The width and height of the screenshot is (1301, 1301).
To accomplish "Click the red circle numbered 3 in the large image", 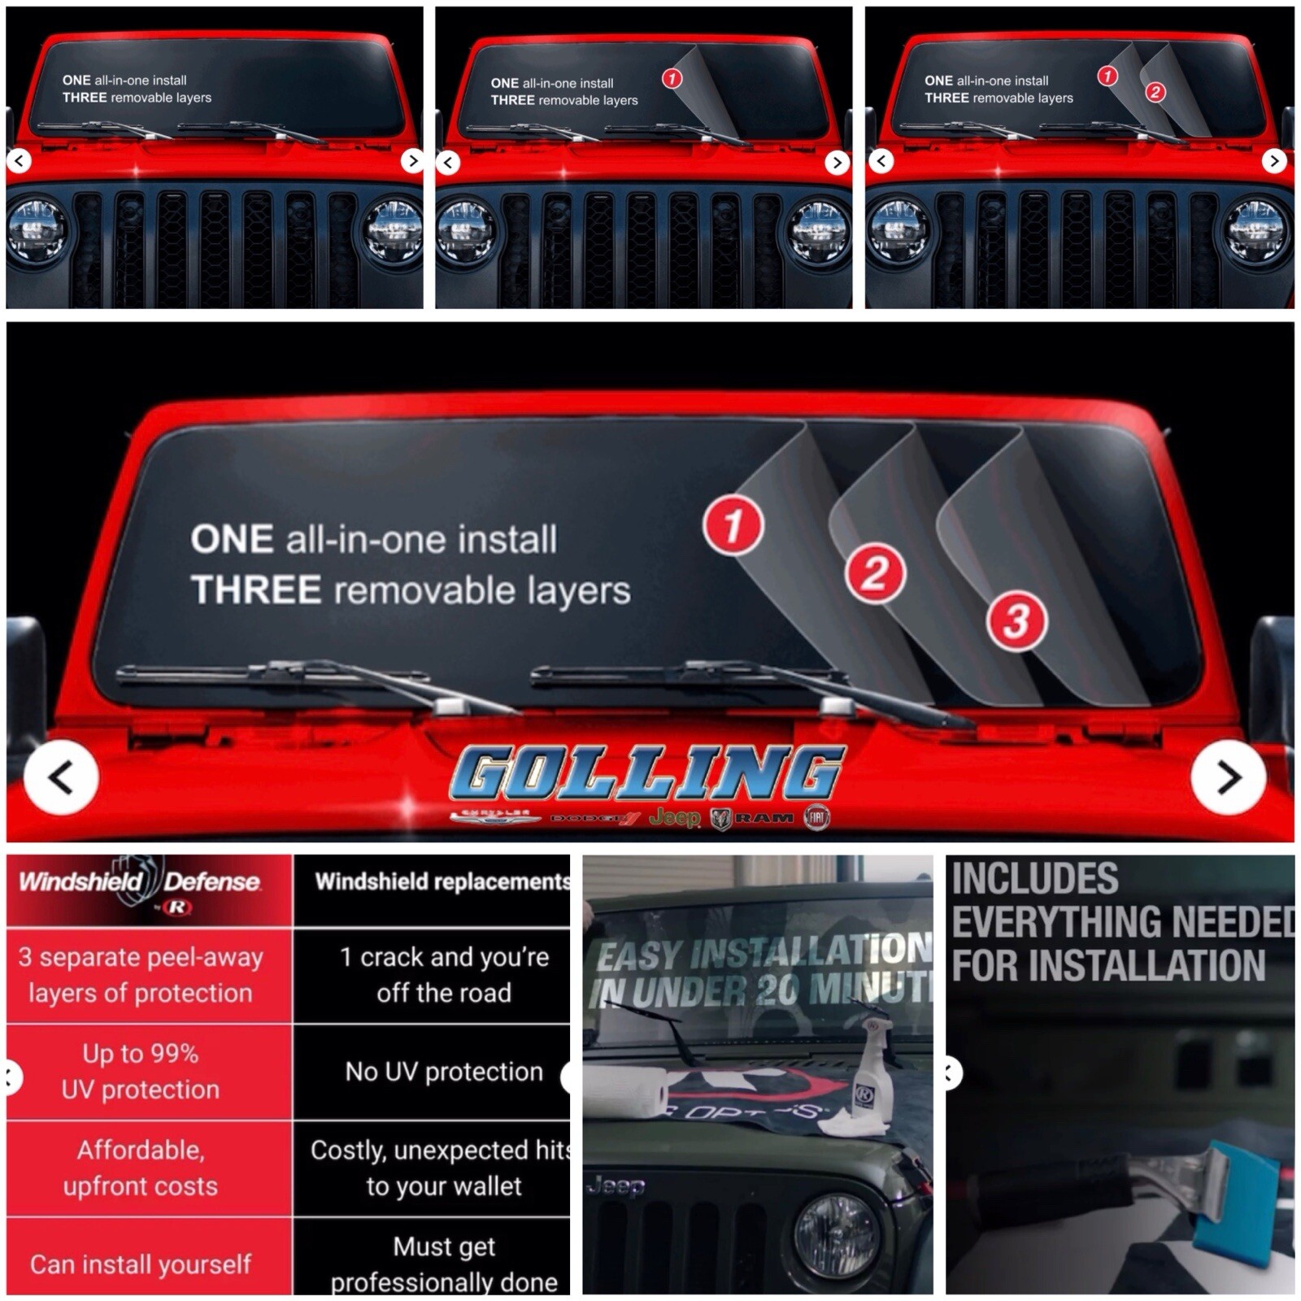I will click(x=1016, y=622).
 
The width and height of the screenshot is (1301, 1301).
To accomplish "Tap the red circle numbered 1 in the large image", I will click(x=733, y=525).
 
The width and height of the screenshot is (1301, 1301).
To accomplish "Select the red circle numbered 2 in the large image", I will click(x=875, y=573).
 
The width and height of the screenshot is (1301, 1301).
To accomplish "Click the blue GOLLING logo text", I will click(x=647, y=772).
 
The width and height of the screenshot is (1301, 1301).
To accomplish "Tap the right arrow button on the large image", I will click(x=1228, y=777).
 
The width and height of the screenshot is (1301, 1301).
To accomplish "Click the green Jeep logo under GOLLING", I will click(x=674, y=817).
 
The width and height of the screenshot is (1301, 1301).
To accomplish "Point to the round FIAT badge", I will click(x=817, y=817).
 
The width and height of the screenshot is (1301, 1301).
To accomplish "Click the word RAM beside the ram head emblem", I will click(x=764, y=818).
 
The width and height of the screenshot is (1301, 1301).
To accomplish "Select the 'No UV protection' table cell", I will click(x=444, y=1072).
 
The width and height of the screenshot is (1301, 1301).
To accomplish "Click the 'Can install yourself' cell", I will click(x=141, y=1264).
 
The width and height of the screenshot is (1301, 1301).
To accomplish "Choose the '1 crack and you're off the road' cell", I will click(x=444, y=974).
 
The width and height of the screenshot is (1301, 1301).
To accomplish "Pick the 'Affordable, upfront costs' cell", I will click(x=141, y=1168).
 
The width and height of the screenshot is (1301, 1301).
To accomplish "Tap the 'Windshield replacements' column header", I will click(x=442, y=881).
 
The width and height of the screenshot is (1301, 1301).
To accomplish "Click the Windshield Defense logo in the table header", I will click(x=141, y=886).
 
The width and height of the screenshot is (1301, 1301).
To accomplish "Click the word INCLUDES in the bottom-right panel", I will click(x=1034, y=879).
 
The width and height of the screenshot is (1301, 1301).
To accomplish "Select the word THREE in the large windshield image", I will click(x=255, y=590).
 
